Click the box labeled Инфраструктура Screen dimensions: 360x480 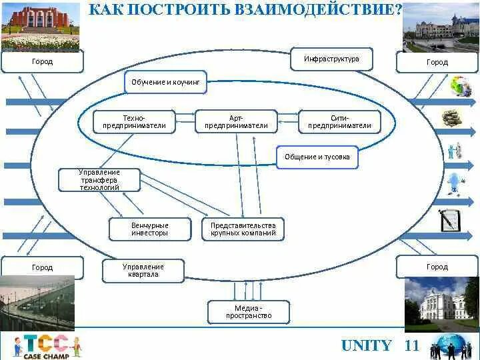(331, 59)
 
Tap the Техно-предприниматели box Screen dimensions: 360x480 (134, 121)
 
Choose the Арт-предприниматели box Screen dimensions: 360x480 (236, 121)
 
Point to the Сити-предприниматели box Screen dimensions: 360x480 (339, 121)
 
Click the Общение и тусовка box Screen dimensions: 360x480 (317, 157)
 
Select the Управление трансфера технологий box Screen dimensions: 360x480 (99, 180)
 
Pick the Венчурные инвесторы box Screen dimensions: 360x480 (150, 229)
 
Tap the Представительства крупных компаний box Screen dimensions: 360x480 (243, 229)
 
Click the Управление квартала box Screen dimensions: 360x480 (143, 271)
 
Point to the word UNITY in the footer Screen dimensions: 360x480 (366, 345)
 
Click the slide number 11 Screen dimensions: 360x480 (412, 345)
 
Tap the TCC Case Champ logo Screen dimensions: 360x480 (47, 346)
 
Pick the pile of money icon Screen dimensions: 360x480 (452, 119)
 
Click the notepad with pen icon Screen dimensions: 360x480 (451, 219)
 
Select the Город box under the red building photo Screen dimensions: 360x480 (43, 62)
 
